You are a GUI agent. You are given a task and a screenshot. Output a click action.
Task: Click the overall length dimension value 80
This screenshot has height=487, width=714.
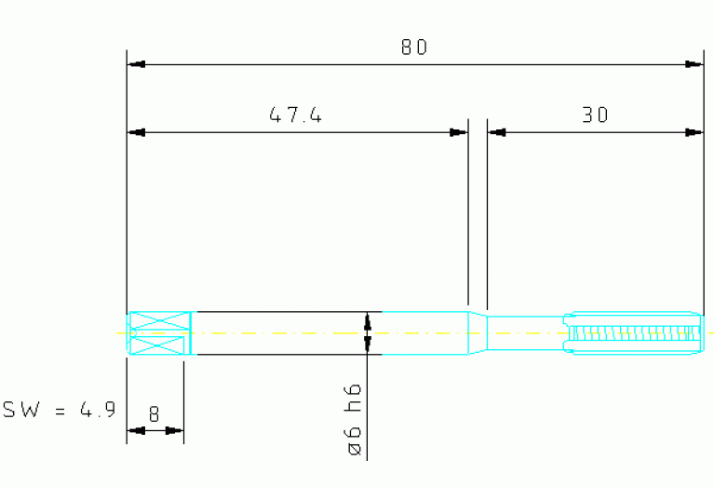414,47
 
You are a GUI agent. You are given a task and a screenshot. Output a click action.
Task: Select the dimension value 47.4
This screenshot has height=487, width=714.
295,115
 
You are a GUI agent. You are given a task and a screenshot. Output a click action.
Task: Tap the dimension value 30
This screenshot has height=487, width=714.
595,115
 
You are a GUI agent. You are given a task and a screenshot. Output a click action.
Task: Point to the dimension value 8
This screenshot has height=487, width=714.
154,413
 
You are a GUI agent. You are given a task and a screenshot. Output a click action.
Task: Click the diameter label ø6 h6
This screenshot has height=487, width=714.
354,420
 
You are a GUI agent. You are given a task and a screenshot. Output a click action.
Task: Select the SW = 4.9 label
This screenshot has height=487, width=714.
60,410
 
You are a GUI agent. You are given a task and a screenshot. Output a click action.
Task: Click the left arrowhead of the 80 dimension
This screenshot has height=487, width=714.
136,64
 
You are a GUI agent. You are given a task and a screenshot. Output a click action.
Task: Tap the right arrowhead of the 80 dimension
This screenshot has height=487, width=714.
694,64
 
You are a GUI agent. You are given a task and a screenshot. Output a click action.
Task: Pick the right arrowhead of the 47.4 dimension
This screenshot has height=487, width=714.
459,132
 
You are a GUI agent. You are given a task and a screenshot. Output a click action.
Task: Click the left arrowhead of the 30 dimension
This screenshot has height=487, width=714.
497,132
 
